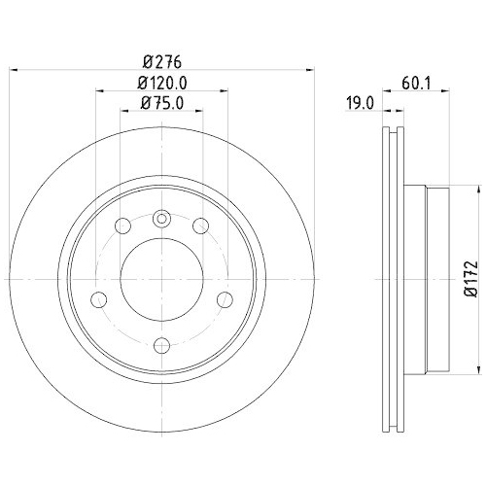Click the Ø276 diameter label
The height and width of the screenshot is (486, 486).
162,62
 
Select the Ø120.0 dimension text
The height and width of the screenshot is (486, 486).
162,84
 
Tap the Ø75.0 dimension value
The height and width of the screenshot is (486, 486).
162,103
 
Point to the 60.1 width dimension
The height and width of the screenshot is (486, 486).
416,84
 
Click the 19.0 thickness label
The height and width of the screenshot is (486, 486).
360,104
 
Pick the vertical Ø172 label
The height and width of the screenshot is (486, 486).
470,278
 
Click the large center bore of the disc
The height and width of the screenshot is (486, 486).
161,279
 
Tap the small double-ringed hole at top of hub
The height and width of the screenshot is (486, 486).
161,219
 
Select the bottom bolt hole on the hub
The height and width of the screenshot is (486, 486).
161,345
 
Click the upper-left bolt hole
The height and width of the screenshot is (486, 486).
123,226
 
